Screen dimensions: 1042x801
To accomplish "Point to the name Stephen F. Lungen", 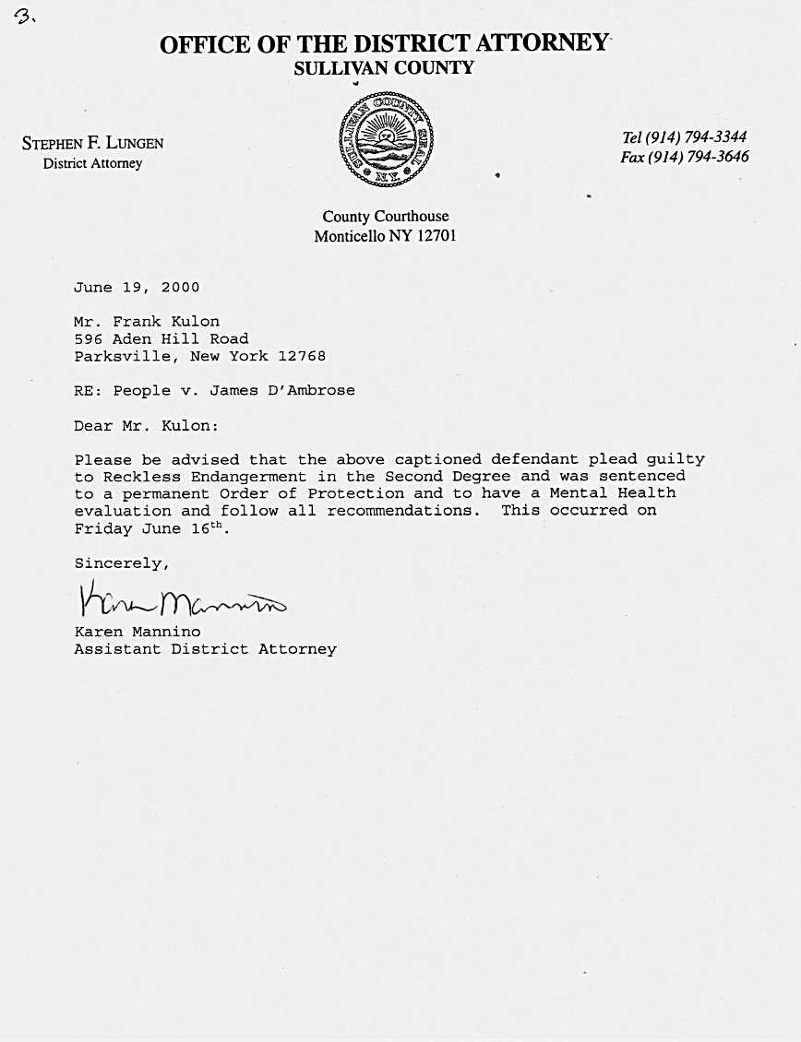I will pyautogui.click(x=92, y=143).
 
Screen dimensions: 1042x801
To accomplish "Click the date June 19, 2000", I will pyautogui.click(x=137, y=287).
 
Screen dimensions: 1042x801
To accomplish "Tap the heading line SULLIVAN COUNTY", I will pyautogui.click(x=383, y=68).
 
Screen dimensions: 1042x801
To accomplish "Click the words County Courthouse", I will pyautogui.click(x=386, y=217).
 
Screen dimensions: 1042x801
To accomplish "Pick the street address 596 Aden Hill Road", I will pyautogui.click(x=161, y=338).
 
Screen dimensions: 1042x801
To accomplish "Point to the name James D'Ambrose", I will pyautogui.click(x=282, y=390).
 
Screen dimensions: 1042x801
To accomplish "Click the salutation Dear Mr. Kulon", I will pyautogui.click(x=149, y=426).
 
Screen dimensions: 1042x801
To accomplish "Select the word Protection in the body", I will pyautogui.click(x=356, y=493).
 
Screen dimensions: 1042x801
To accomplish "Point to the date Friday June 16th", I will pyautogui.click(x=149, y=528).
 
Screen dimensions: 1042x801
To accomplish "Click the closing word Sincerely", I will pyautogui.click(x=122, y=562).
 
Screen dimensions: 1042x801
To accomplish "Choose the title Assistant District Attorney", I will pyautogui.click(x=205, y=649).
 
